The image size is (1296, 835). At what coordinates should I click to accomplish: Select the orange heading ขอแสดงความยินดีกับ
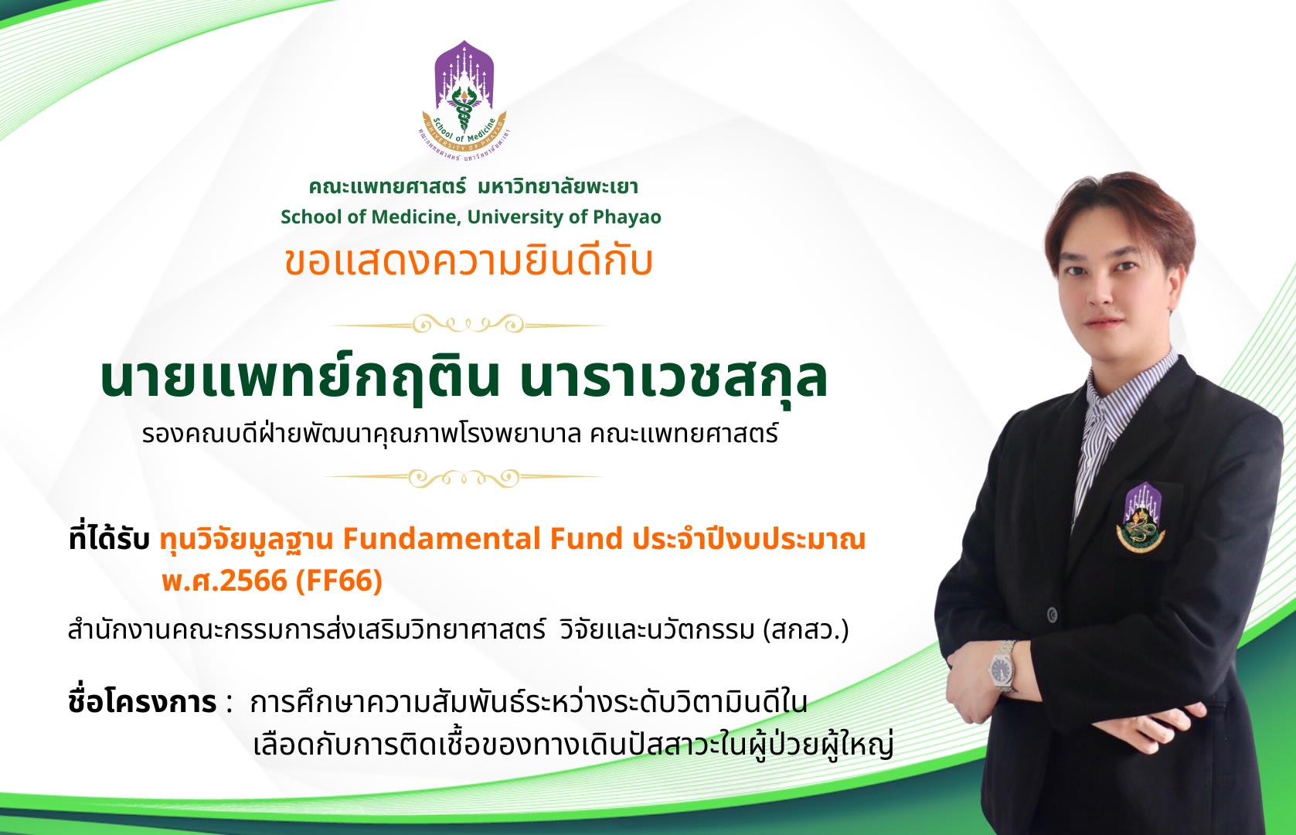tap(468, 261)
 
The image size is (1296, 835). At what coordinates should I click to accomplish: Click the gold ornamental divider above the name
tap(468, 324)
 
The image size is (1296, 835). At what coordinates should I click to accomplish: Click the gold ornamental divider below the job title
tap(464, 478)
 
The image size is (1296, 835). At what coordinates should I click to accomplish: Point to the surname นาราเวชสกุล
tap(673, 379)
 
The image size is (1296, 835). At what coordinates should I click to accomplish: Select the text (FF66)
tap(339, 581)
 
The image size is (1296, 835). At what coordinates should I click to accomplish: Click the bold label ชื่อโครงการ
tap(142, 703)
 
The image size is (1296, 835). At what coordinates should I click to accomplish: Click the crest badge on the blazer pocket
tap(1141, 518)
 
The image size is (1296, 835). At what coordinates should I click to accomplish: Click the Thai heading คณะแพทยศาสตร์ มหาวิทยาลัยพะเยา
tap(473, 187)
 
